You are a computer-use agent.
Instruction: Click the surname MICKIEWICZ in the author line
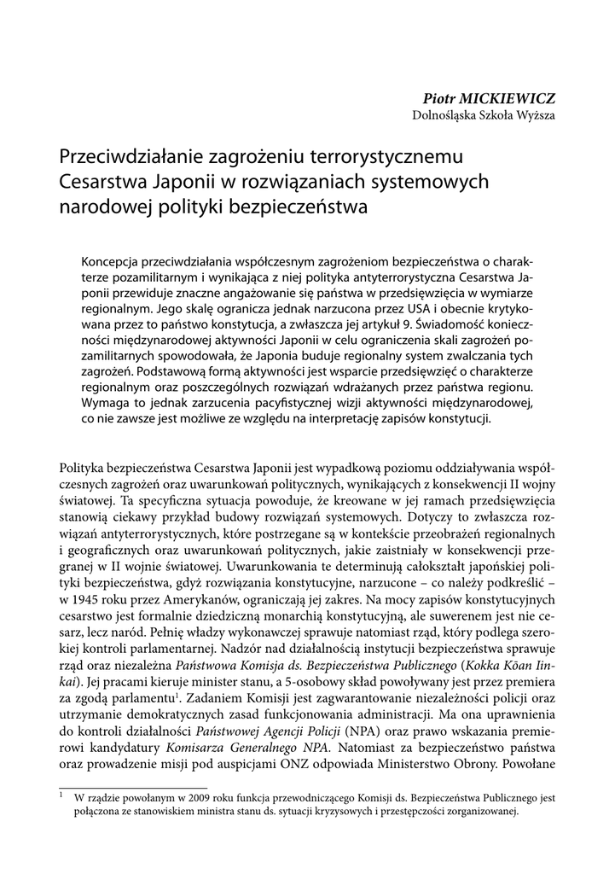click(x=508, y=99)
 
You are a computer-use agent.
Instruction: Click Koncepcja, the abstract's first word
click(x=113, y=260)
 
